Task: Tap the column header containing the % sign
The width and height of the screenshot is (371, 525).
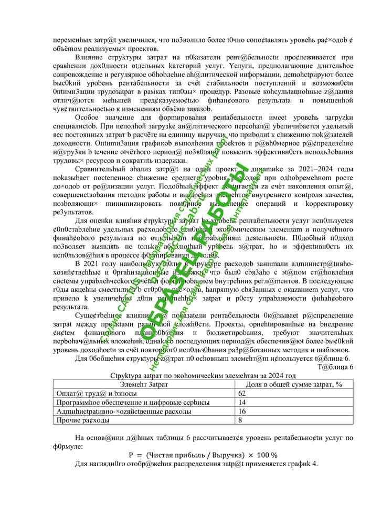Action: pos(294,384)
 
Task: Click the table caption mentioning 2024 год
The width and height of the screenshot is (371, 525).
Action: pos(203,375)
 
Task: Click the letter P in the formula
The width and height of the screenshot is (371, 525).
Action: pos(132,455)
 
